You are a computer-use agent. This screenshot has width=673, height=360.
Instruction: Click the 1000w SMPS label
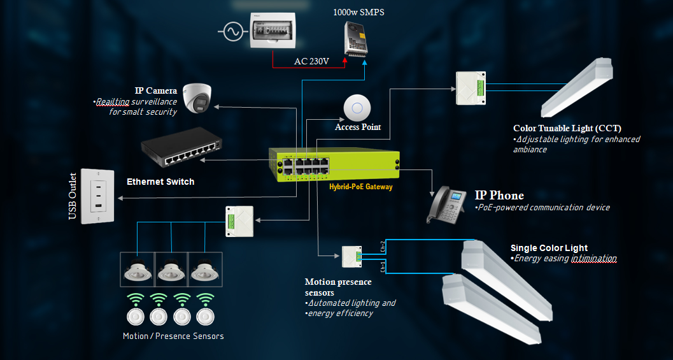point(358,12)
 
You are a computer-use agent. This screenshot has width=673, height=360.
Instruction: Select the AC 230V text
point(311,61)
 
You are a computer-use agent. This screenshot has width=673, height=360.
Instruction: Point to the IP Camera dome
point(197,97)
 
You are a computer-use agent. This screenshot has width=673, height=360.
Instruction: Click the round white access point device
point(357,107)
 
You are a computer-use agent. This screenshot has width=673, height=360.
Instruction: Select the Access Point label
point(358,127)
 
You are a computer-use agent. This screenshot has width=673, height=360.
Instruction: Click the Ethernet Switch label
point(160,182)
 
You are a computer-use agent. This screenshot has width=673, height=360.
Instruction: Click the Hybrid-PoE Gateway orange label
point(361,187)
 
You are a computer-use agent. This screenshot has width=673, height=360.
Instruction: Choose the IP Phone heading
point(499,195)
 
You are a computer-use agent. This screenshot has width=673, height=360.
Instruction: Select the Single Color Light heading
point(549,248)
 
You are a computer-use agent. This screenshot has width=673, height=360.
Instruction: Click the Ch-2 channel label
point(382,247)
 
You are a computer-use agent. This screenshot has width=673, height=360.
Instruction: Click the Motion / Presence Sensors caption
point(173,336)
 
